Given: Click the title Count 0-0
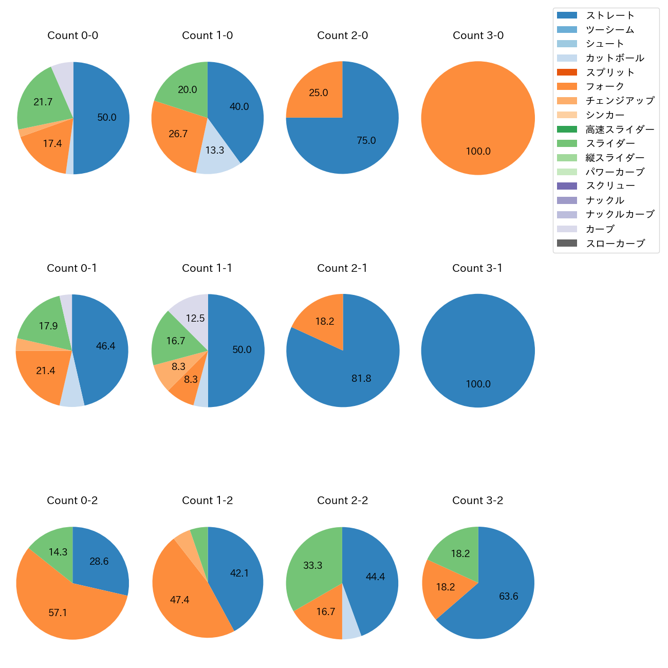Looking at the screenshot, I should click(72, 35).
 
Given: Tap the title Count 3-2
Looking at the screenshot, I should click(477, 500).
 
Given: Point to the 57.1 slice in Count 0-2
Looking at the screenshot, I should click(59, 609).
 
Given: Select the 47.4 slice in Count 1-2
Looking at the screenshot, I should click(180, 596).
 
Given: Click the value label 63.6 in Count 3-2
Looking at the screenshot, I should click(508, 596).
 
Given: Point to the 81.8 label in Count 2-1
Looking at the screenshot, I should click(361, 378).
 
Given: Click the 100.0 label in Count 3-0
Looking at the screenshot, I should click(478, 151).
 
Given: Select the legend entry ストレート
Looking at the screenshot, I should click(610, 15).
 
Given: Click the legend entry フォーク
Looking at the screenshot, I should click(605, 86).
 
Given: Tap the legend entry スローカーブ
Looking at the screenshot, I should click(615, 244).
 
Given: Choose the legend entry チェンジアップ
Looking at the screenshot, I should click(620, 101).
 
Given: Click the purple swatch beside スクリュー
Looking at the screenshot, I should click(567, 186).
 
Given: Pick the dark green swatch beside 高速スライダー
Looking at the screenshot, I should click(567, 129).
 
